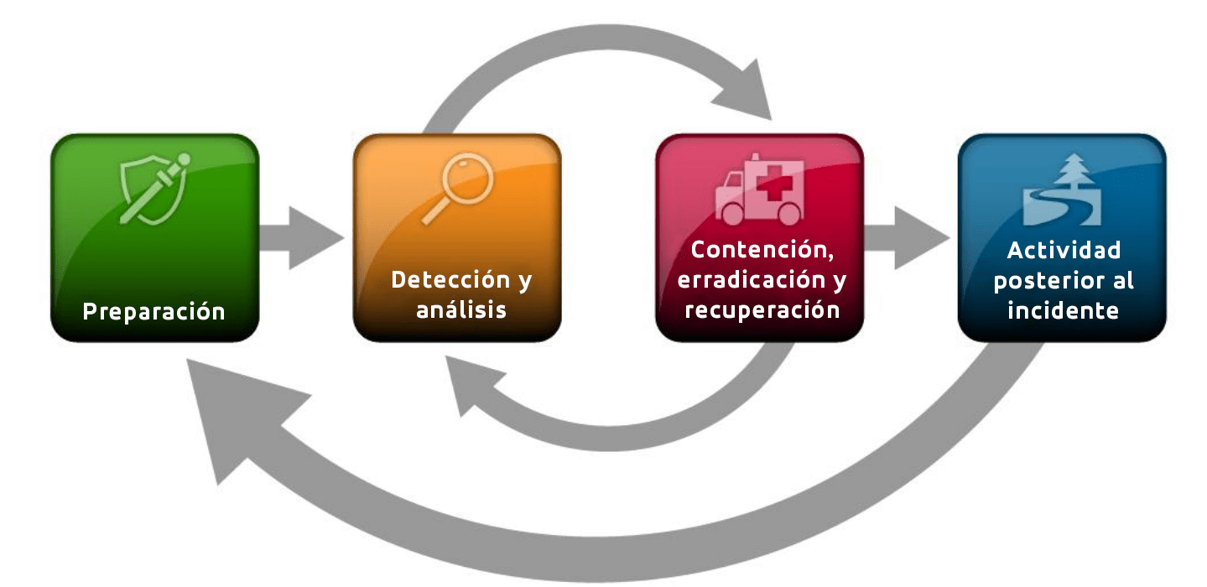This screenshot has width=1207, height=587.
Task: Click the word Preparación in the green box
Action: [x=153, y=312]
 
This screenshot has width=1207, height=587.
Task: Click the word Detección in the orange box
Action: [x=450, y=279]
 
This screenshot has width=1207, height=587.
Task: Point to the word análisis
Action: [x=461, y=310]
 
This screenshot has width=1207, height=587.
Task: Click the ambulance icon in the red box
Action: [x=760, y=189]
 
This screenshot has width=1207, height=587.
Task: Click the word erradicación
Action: [x=752, y=280]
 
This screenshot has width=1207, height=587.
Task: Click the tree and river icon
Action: [x=1062, y=190]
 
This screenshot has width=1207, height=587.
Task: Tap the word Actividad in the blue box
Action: [x=1064, y=251]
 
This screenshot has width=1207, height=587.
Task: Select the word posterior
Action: [x=1042, y=281]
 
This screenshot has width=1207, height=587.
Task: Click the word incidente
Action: [x=1063, y=311]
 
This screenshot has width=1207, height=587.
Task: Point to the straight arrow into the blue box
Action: [x=907, y=237]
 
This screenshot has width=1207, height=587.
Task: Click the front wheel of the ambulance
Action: [x=732, y=214]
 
